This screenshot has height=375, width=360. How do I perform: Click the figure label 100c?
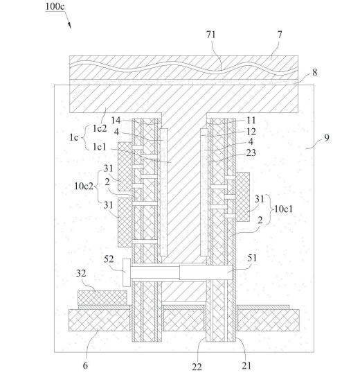point(55,6)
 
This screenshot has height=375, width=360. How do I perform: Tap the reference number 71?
point(211,35)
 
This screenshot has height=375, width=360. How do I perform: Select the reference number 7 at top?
point(280,35)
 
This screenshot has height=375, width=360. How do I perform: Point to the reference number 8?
point(315,72)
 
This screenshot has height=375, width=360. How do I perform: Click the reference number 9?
point(327,138)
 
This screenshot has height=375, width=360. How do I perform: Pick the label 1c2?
point(100,129)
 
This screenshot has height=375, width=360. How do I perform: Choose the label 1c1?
point(100,147)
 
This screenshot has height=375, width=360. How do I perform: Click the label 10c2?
point(84,186)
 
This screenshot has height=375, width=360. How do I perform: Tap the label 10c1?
point(283,209)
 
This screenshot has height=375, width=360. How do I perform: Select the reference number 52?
point(109,259)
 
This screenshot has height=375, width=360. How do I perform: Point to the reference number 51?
point(252,258)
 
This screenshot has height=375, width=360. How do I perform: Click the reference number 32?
point(81,273)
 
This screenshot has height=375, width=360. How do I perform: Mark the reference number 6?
point(85,365)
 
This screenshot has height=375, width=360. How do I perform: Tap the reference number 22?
point(197,367)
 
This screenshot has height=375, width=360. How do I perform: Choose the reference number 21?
point(246,365)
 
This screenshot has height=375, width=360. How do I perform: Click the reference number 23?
point(251,152)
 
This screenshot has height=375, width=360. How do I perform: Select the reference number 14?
point(116,121)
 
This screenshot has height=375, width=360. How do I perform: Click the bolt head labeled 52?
point(127,272)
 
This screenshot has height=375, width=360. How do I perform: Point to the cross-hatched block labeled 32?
point(102,298)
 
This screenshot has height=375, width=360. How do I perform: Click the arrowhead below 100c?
point(70,26)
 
